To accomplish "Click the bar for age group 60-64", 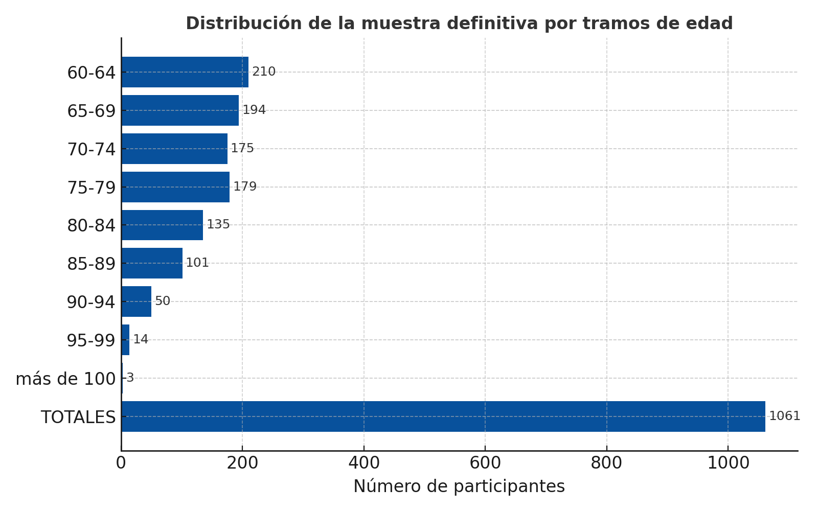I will point(185,72).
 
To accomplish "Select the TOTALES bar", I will point(443,416).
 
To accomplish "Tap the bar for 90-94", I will point(137,301).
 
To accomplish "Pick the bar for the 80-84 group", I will point(162,225).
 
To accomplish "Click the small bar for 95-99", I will point(126,340).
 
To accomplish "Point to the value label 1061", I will point(784,416).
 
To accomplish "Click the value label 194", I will point(254,110).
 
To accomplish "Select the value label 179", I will point(245,187).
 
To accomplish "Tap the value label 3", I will point(130,378).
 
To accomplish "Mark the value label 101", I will point(197,263).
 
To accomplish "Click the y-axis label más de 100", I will point(65,379).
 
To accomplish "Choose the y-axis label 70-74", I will point(92,150).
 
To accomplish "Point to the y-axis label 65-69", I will point(92,111).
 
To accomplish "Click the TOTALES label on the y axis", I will point(78,417).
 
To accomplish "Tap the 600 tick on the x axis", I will point(485,463).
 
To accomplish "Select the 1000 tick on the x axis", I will point(728,463).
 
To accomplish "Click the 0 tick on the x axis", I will point(121,463).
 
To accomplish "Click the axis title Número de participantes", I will point(459,486).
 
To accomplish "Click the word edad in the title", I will point(713,24).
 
